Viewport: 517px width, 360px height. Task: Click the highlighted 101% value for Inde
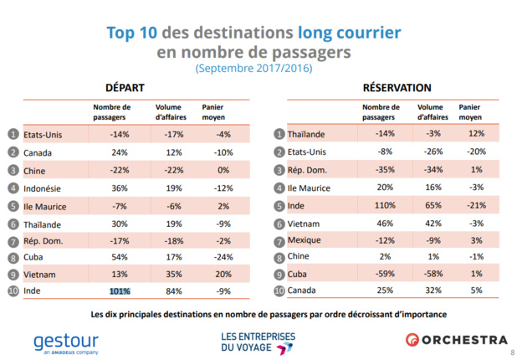pyautogui.click(x=120, y=291)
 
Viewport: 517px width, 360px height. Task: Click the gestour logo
pyautogui.click(x=66, y=342)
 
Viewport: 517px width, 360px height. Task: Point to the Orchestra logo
pyautogui.click(x=457, y=340)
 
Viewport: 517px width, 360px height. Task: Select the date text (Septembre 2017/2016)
pyautogui.click(x=253, y=69)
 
